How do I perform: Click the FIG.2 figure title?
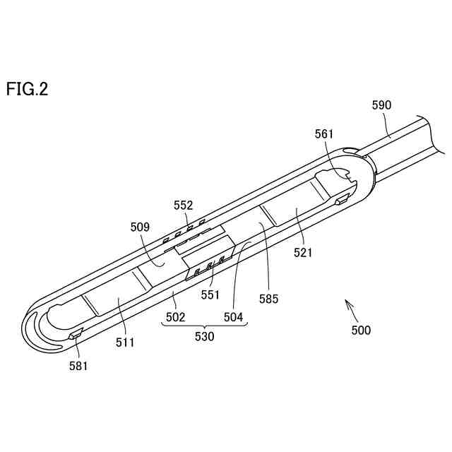28,90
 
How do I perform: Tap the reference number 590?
381,106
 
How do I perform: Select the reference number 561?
325,134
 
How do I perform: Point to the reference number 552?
184,206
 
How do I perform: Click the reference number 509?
141,227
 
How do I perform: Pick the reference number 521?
304,252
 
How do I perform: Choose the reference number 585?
268,298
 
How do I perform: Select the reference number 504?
234,318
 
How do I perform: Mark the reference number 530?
204,337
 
